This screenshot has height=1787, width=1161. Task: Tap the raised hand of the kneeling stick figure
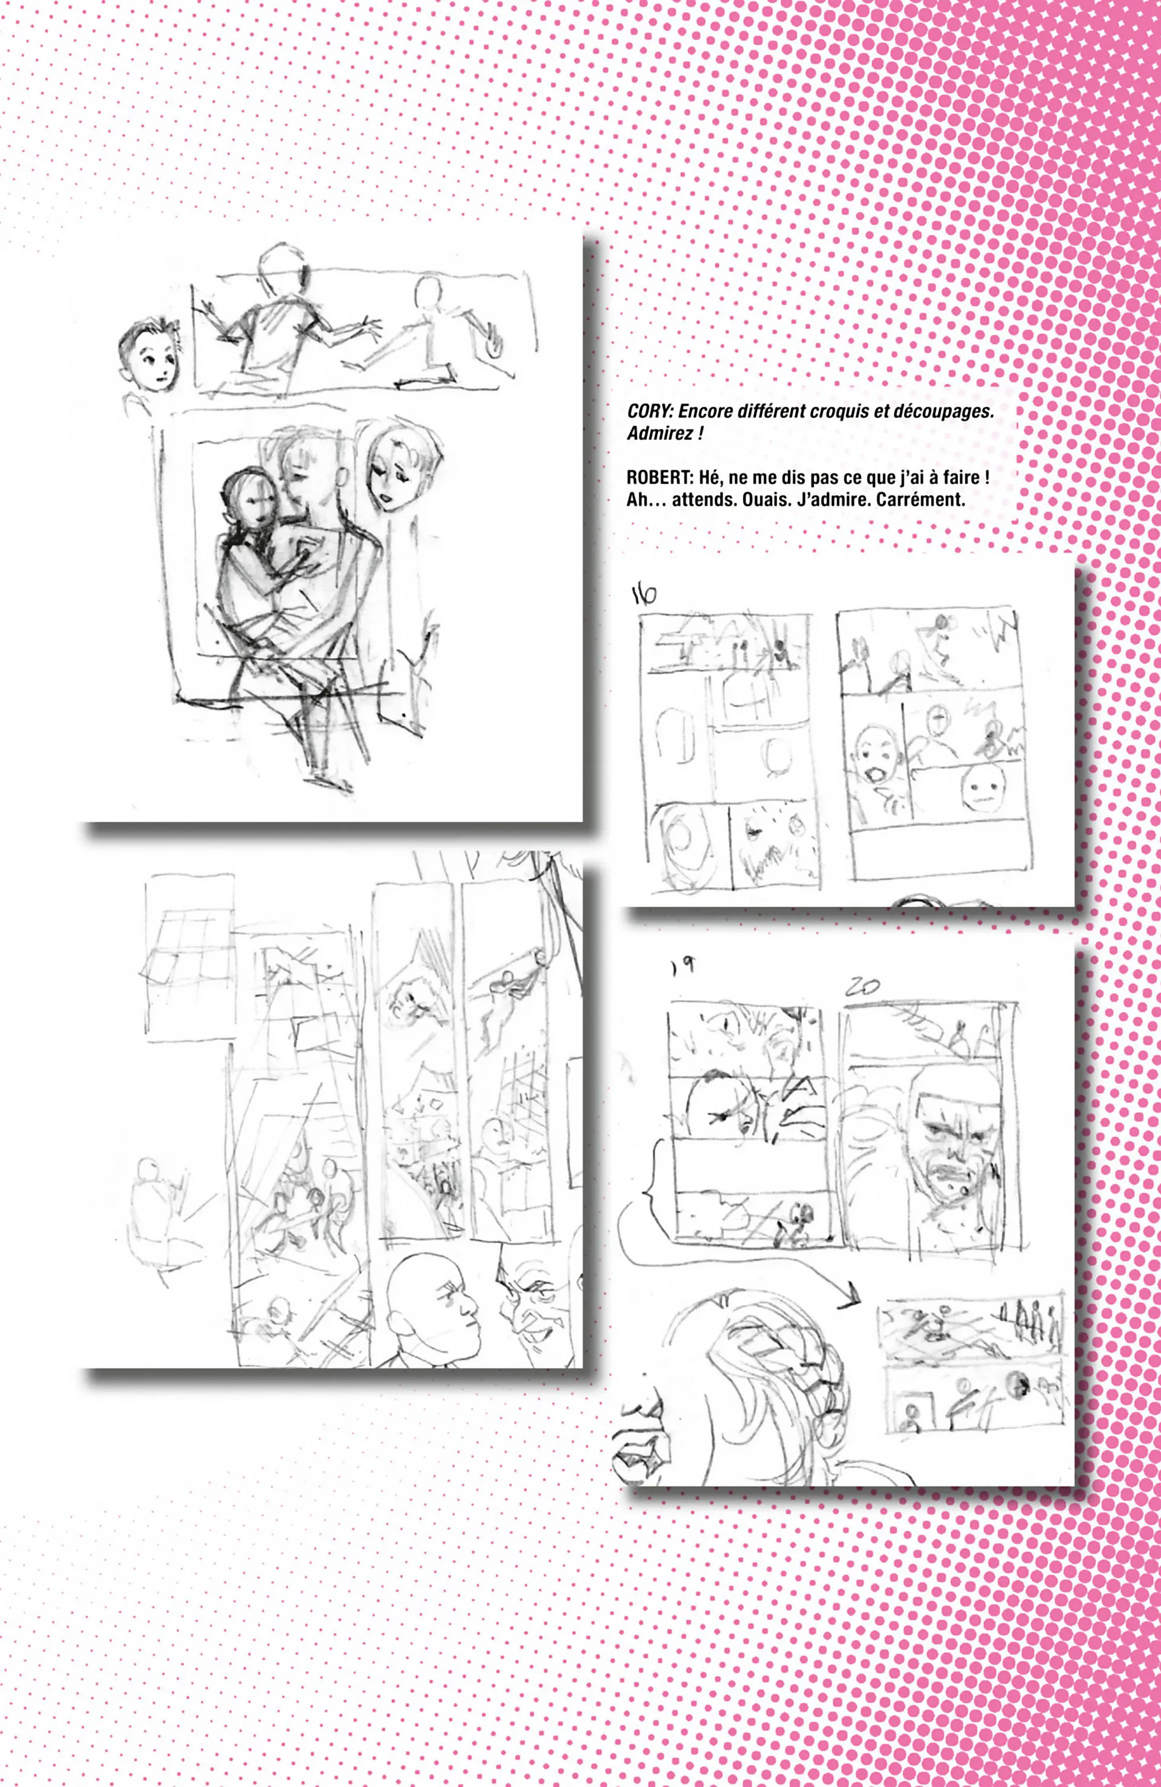click(x=493, y=345)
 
